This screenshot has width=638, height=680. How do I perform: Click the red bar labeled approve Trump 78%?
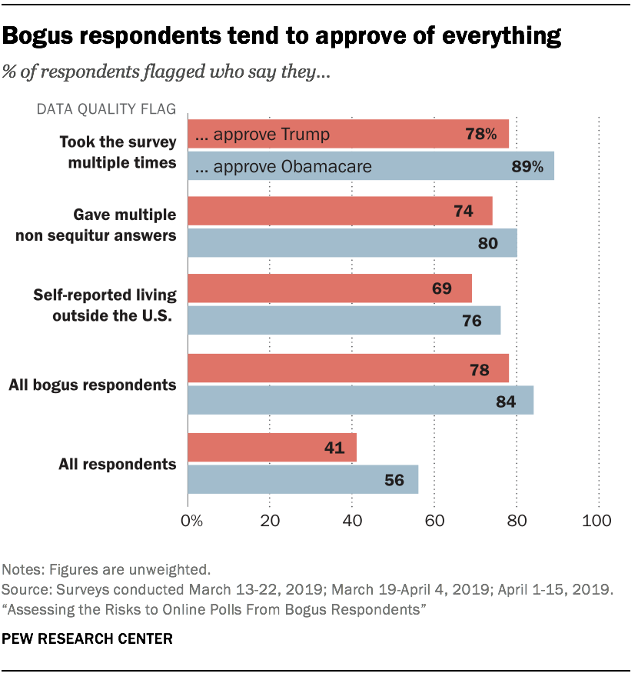pos(347,134)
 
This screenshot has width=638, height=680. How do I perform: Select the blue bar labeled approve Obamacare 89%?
pos(371,166)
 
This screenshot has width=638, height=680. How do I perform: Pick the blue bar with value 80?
pos(352,243)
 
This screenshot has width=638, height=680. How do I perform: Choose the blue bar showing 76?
pos(344,320)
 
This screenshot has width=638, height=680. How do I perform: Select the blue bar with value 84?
pos(361,399)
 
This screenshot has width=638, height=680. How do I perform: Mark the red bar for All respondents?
pos(272,448)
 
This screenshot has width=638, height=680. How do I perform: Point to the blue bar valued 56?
pos(303,479)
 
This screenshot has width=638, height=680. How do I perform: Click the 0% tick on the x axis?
pos(191,522)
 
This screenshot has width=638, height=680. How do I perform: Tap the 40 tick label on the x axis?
pos(352,522)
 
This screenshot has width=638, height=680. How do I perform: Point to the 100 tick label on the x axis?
pos(597,522)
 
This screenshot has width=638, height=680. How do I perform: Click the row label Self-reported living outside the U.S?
pos(105,304)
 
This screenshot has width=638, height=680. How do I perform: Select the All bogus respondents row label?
pos(92,384)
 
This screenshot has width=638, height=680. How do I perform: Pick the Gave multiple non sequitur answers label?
pos(96,225)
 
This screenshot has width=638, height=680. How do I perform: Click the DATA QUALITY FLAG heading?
pos(106,109)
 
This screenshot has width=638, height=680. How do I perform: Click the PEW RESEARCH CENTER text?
pos(88,639)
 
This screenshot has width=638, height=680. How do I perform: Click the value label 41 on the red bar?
pos(334,448)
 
